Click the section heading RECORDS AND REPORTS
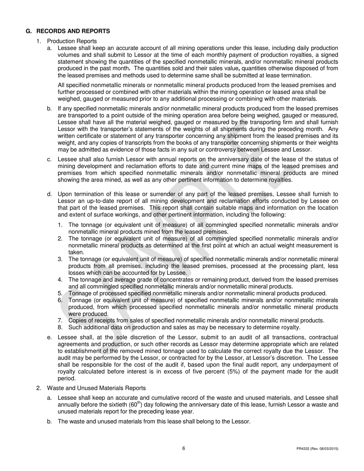coord(73,31)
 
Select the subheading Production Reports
coord(72,41)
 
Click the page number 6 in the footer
coord(184,448)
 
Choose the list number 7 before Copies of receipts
coord(60,321)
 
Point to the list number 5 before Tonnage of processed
coord(60,293)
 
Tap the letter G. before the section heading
coord(29,31)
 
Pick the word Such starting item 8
coord(75,327)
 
